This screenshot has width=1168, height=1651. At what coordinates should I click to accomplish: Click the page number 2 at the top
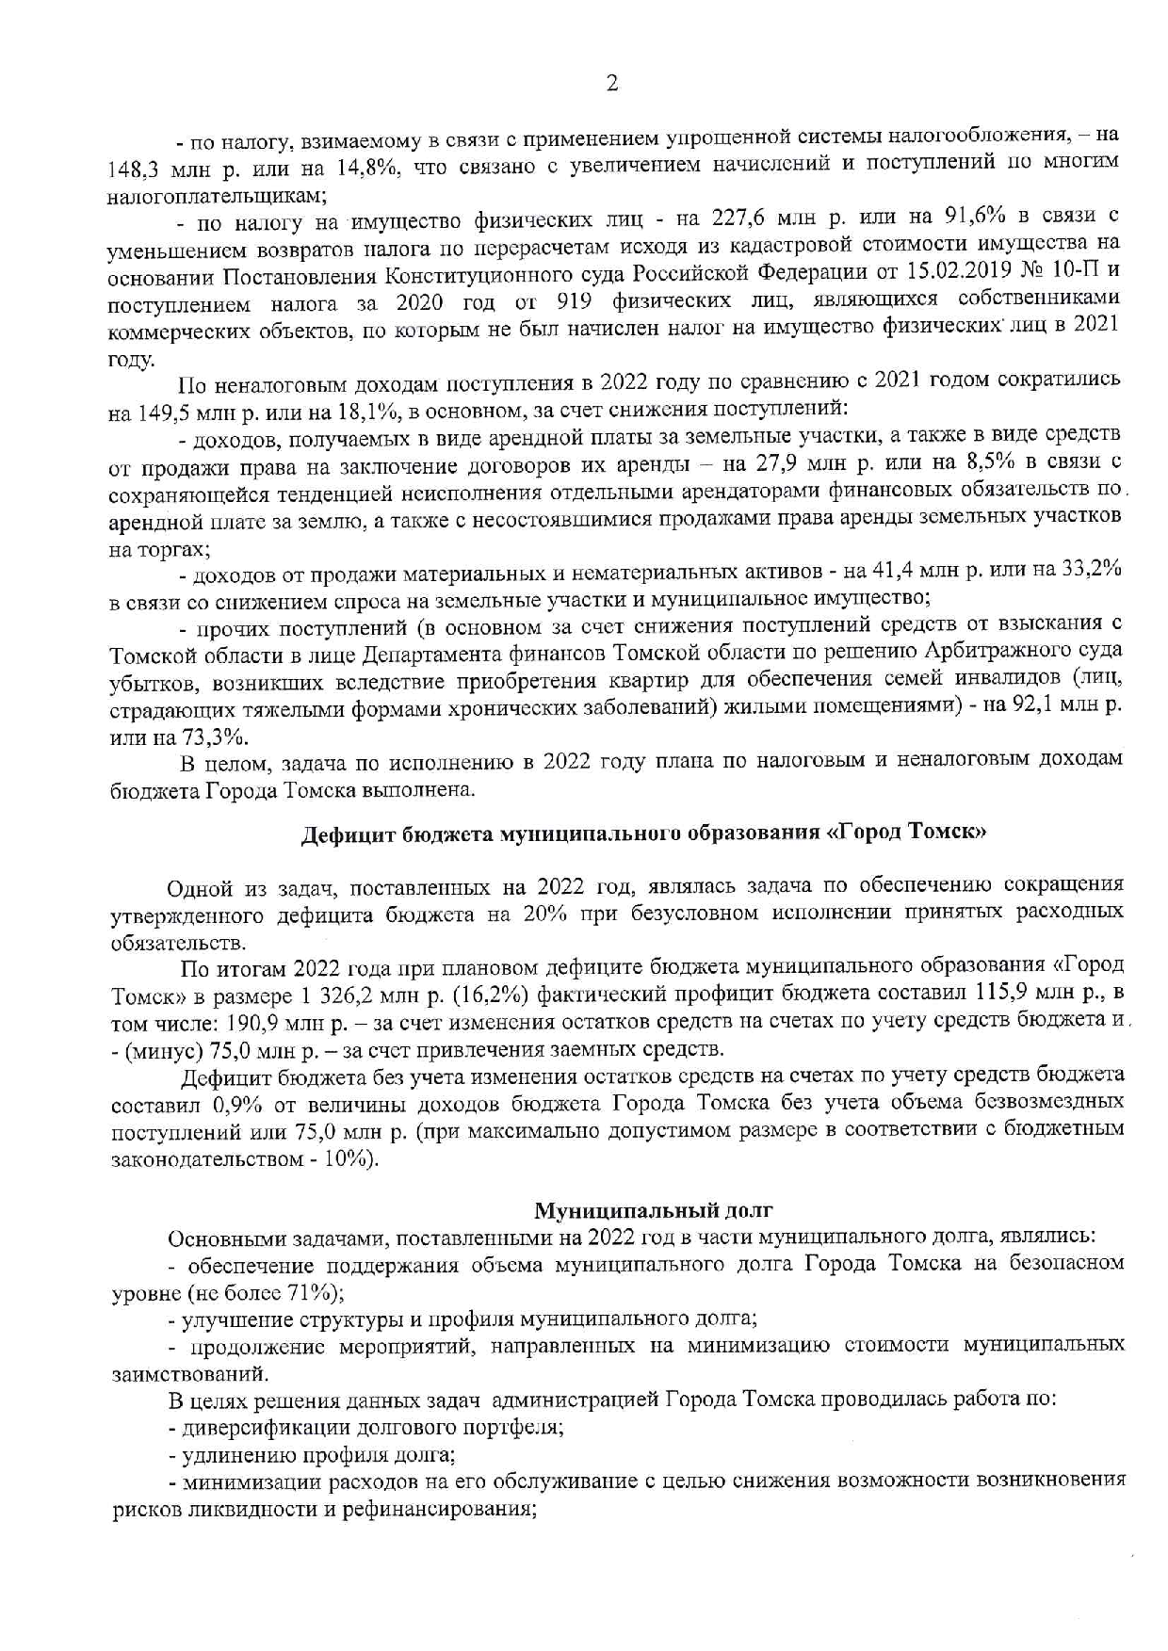point(611,84)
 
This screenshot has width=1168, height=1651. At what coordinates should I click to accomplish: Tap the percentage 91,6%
point(971,218)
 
